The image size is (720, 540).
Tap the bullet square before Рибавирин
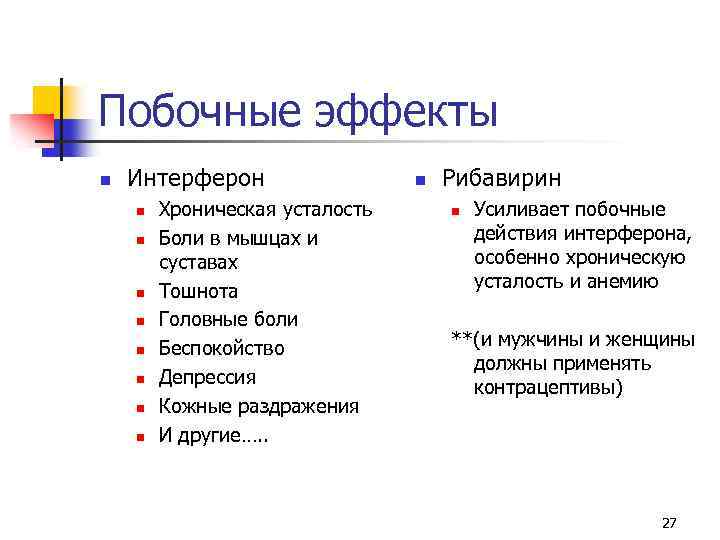click(x=420, y=180)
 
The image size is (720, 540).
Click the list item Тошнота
click(x=199, y=292)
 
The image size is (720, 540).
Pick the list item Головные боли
click(x=229, y=320)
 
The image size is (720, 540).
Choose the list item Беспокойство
click(x=222, y=348)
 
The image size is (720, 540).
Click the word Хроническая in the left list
click(x=218, y=209)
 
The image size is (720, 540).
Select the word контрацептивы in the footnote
click(x=548, y=386)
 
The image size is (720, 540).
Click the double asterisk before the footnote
click(x=461, y=336)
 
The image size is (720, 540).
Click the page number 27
click(x=669, y=523)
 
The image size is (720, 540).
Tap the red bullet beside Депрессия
click(x=141, y=379)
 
